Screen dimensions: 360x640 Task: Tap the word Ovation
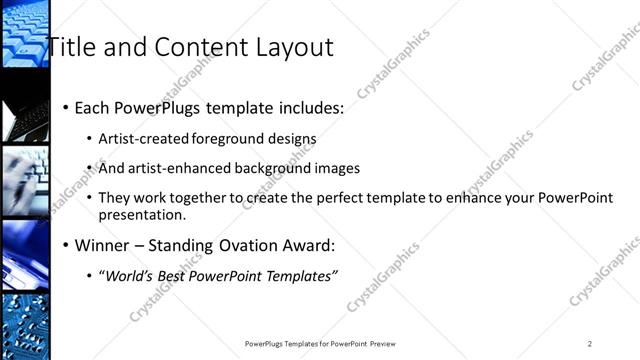click(230, 245)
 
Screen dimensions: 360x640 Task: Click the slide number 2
click(589, 344)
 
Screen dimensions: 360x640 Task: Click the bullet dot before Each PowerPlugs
click(66, 107)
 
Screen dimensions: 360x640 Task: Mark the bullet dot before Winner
click(66, 245)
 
